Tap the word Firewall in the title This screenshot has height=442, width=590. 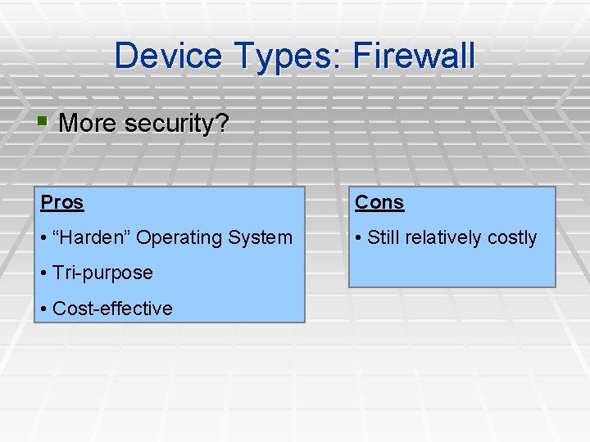(414, 56)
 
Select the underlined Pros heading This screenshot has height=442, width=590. (62, 202)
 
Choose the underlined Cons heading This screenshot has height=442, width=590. (379, 202)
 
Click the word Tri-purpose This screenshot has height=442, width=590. (102, 273)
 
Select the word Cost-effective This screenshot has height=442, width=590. (112, 309)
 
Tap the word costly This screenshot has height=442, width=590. (512, 238)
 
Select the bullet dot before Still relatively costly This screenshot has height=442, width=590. (359, 238)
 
